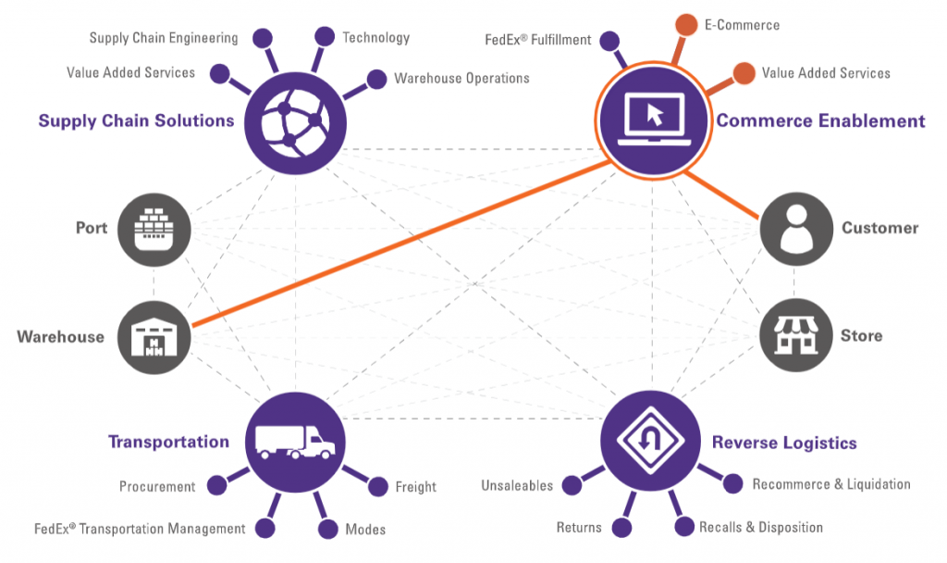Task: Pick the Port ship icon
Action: pos(154,228)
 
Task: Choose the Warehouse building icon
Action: pos(154,336)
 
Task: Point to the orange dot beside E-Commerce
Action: pos(685,24)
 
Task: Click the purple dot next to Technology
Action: pos(324,37)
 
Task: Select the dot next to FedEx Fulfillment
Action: pos(609,41)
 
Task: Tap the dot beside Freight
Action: pos(378,486)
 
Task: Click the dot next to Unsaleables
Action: pos(572,485)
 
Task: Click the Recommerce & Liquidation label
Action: pos(830,484)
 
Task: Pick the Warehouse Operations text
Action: pos(461,79)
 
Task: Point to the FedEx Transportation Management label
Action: pos(140,529)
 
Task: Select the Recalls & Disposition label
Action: pos(760,527)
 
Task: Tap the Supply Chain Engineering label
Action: pos(164,38)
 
